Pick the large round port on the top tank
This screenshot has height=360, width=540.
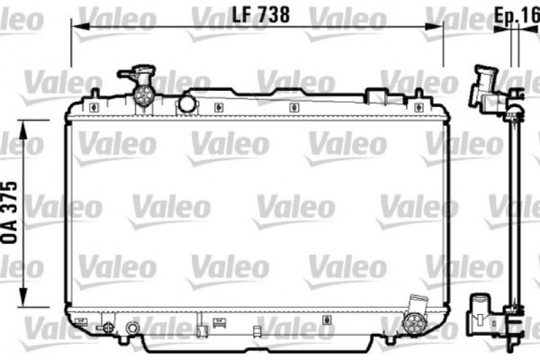tap(186, 103)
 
